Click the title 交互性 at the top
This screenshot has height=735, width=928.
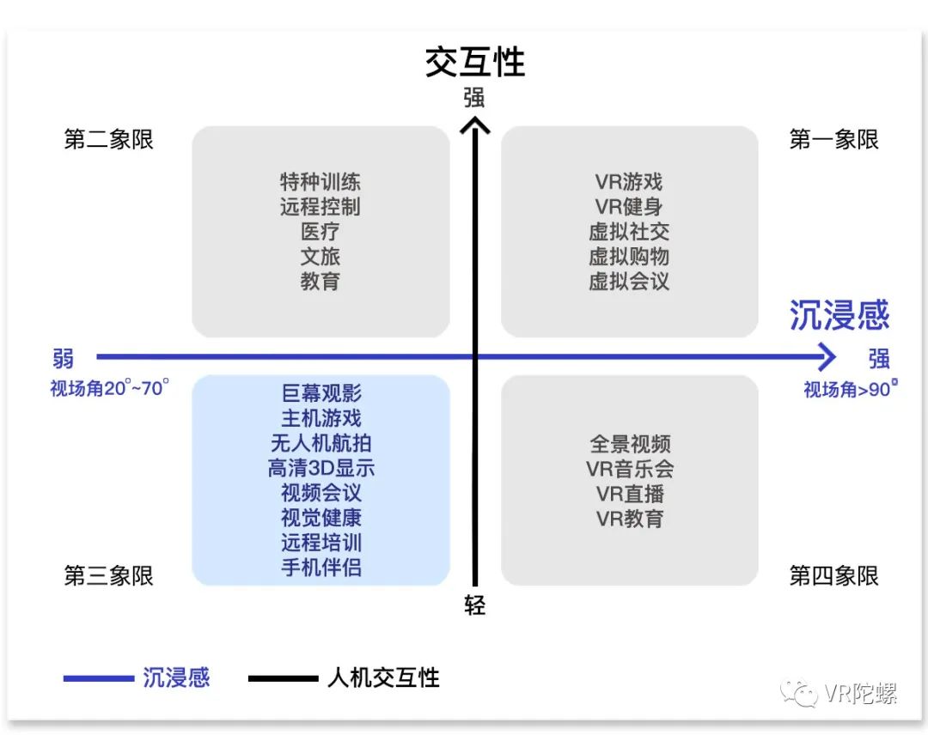[474, 63]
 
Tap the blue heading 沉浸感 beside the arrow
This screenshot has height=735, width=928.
[839, 315]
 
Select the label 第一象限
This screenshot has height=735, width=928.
[833, 140]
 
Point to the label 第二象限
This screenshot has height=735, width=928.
[108, 140]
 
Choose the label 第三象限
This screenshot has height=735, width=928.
[108, 575]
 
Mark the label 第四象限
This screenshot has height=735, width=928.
[833, 575]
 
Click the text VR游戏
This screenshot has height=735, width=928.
[629, 182]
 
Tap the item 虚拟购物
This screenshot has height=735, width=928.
[629, 257]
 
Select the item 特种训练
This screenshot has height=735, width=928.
[321, 182]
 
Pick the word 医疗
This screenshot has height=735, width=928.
[321, 232]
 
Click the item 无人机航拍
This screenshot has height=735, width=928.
[321, 443]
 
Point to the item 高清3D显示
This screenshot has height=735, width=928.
[321, 468]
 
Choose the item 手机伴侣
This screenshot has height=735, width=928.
[321, 568]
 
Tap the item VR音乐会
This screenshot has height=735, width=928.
[629, 469]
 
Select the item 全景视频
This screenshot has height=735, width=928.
[629, 444]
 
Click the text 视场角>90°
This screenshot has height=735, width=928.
[850, 390]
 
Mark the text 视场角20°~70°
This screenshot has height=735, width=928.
[109, 388]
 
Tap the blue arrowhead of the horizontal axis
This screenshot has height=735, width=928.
[827, 355]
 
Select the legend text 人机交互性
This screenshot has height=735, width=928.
[383, 678]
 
